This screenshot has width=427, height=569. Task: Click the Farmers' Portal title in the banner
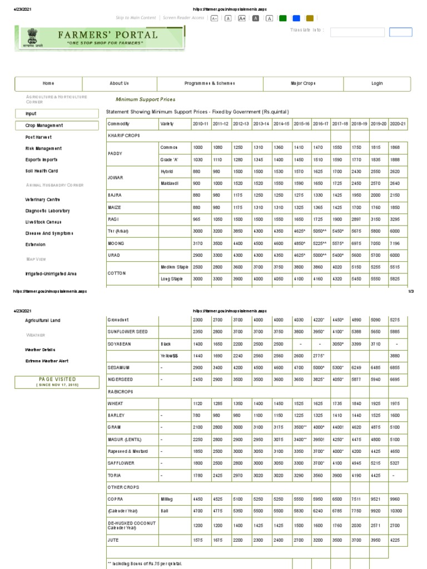point(108,35)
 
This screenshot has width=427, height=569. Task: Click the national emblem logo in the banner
point(30,38)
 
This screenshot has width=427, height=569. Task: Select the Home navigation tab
point(48,83)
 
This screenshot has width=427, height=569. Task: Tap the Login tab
point(377,83)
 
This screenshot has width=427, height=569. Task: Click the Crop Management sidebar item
point(44,126)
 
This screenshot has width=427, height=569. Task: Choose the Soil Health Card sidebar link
point(41,171)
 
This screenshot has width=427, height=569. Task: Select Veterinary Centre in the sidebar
point(43,199)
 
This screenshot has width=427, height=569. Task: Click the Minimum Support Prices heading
point(145,99)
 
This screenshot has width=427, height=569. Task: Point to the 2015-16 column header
point(301,123)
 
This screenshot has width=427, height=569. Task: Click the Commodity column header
point(118,123)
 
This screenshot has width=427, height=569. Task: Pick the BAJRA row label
point(114,196)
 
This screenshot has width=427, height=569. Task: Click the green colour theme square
point(283,18)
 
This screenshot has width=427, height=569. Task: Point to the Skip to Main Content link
point(136,18)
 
